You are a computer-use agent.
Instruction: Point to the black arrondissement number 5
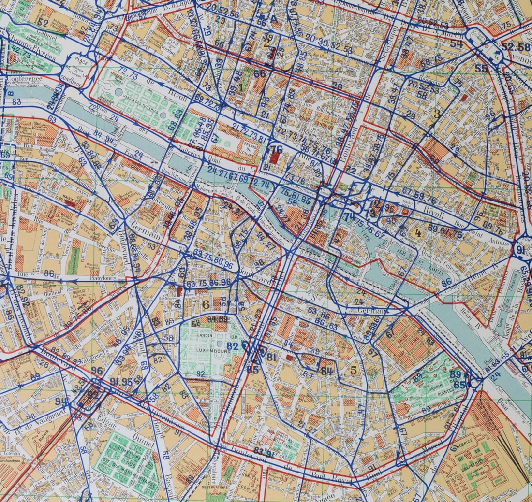coord(354,371)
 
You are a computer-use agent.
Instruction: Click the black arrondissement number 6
coord(206,304)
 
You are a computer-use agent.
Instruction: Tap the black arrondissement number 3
coord(437,115)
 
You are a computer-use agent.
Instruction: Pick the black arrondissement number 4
coord(418,232)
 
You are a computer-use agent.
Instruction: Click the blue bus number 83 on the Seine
coord(16,102)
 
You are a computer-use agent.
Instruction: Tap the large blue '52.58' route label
coord(516,47)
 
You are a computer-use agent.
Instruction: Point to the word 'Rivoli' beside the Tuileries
coord(177,97)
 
